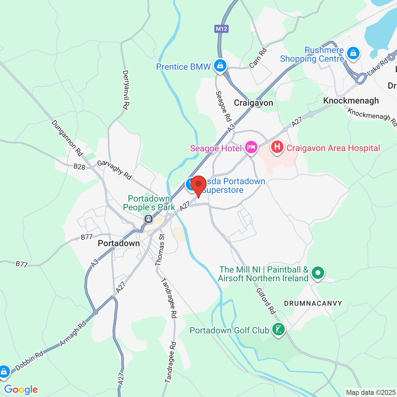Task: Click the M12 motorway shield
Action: pyautogui.click(x=221, y=29)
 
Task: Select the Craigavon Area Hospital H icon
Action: pyautogui.click(x=277, y=147)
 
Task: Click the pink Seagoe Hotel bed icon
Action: pyautogui.click(x=251, y=147)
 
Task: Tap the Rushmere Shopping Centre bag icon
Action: pyautogui.click(x=353, y=53)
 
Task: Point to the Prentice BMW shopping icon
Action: pyautogui.click(x=220, y=66)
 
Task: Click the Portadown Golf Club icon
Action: pyautogui.click(x=278, y=329)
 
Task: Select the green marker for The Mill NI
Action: pyautogui.click(x=318, y=273)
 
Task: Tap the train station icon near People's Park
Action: pyautogui.click(x=149, y=219)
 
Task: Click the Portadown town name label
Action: pyautogui.click(x=119, y=243)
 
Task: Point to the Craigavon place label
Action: pyautogui.click(x=253, y=103)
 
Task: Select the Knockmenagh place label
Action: pyautogui.click(x=351, y=101)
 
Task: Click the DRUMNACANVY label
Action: pyautogui.click(x=313, y=303)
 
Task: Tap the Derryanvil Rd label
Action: pyautogui.click(x=125, y=90)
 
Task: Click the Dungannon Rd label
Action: pyautogui.click(x=67, y=138)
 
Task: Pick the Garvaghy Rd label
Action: pyautogui.click(x=114, y=170)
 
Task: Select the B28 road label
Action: pyautogui.click(x=79, y=167)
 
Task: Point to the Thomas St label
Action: pyautogui.click(x=160, y=250)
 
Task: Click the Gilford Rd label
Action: pyautogui.click(x=266, y=301)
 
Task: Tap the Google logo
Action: pyautogui.click(x=21, y=390)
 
